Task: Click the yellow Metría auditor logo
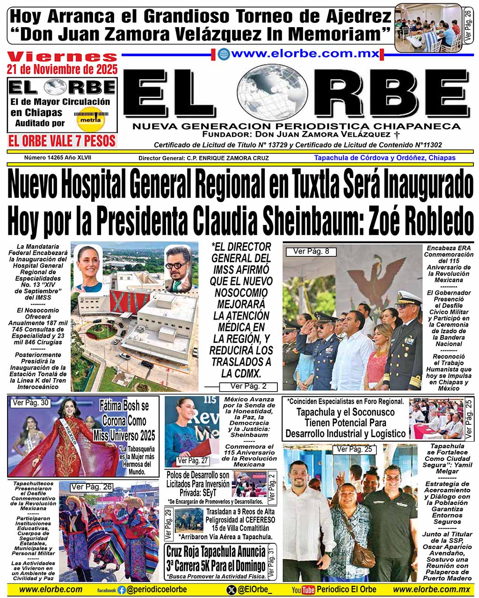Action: (x=91, y=120)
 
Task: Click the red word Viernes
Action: (x=62, y=57)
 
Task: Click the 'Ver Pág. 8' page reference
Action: (x=311, y=252)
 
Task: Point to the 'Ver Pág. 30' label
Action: (x=31, y=402)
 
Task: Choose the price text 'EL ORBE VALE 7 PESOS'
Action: (x=62, y=141)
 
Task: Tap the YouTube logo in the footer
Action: (x=303, y=590)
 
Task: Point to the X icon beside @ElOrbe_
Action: (x=231, y=590)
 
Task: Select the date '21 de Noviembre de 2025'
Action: (x=62, y=70)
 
